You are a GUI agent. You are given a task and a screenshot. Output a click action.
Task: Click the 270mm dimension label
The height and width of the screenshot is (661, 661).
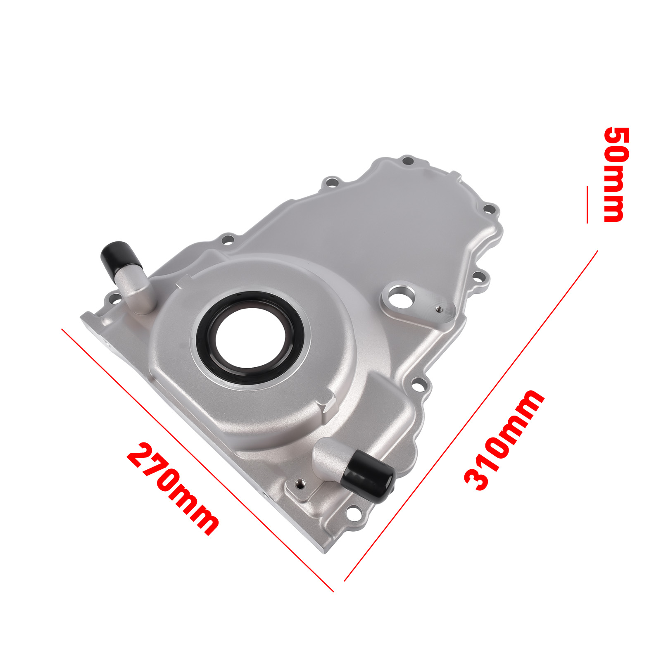coord(173,489)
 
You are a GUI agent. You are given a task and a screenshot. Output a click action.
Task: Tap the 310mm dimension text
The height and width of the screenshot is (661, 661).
coord(504,440)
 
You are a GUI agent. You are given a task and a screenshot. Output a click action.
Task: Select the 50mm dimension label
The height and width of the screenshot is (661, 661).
coord(617,175)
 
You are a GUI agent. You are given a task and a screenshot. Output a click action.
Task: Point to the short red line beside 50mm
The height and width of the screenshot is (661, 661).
coord(587,205)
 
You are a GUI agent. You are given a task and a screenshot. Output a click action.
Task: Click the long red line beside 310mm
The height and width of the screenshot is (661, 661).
coord(471,416)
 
